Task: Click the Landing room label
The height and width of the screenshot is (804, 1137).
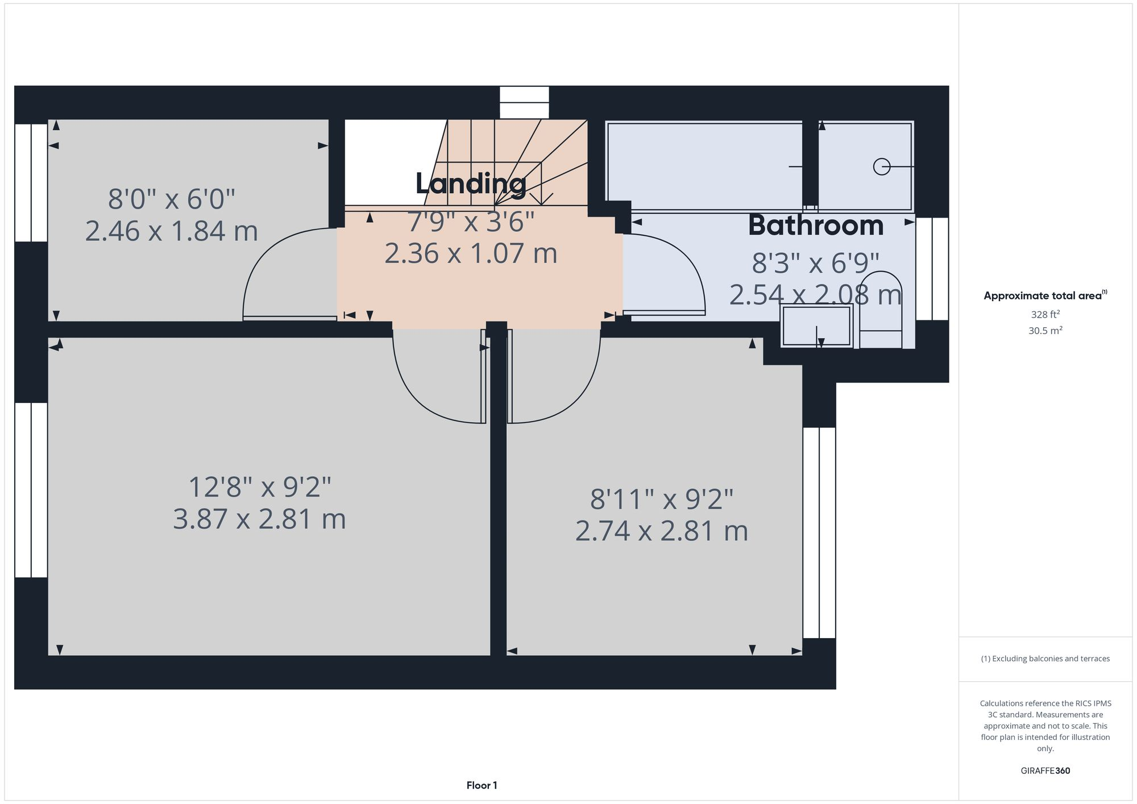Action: click(471, 184)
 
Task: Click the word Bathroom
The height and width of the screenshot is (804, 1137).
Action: click(816, 226)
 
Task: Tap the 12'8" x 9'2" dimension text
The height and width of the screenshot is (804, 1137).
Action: click(260, 488)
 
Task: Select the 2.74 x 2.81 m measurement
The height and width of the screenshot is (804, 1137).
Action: click(661, 531)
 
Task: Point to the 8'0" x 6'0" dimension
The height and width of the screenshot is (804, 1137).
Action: click(172, 199)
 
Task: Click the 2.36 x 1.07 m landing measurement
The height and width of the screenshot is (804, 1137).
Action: click(471, 253)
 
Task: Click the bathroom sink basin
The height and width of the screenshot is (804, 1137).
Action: click(816, 326)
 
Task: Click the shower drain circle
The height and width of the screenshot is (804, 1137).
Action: click(881, 166)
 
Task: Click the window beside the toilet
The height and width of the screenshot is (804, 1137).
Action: click(932, 269)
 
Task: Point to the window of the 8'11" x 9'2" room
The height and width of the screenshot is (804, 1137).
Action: click(819, 532)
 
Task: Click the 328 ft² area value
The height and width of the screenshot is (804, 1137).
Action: click(1045, 314)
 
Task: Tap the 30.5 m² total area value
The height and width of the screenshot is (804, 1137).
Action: click(1045, 331)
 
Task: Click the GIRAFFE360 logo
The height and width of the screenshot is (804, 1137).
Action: click(1045, 771)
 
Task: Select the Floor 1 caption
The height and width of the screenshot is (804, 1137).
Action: click(482, 785)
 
